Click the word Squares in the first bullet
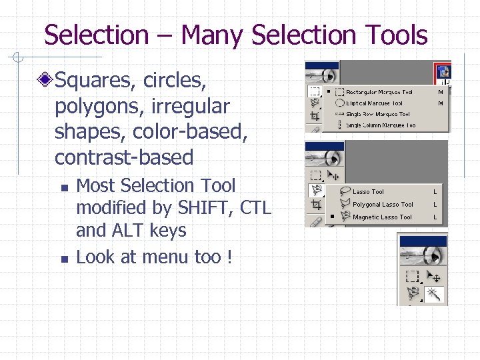97,81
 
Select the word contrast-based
124,157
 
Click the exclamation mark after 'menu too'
229,257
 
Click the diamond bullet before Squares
45,81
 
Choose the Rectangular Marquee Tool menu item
379,93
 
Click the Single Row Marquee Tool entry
377,114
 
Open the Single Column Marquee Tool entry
380,125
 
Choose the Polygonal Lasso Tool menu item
383,205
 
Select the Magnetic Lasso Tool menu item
382,217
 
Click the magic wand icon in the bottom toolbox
434,294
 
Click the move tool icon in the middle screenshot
334,176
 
